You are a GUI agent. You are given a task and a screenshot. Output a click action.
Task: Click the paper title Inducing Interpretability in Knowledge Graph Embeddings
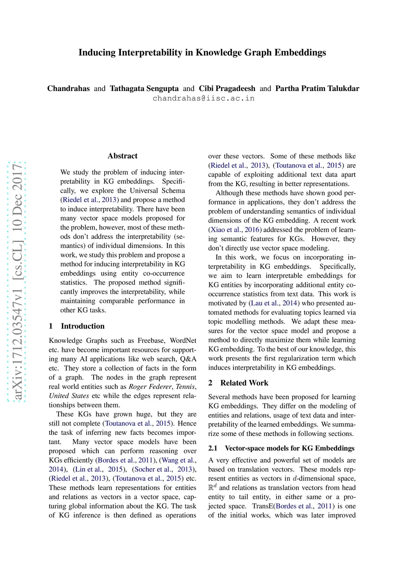(x=202, y=53)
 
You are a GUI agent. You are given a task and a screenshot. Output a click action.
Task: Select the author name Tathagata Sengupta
(x=144, y=89)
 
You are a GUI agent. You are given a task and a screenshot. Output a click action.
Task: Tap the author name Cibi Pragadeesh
(x=227, y=89)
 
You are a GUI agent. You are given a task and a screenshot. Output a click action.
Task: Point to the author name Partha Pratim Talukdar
(x=317, y=89)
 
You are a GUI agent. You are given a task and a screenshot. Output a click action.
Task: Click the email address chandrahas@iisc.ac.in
(x=203, y=99)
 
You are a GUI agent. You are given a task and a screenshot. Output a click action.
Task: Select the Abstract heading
(x=122, y=156)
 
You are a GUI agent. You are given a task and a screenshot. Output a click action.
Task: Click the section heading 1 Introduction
(x=77, y=326)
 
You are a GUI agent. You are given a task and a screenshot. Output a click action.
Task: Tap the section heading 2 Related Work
(x=238, y=383)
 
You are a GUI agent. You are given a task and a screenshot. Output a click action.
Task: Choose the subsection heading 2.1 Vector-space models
(x=281, y=448)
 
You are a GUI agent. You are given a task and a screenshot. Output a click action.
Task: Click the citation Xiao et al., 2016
(x=235, y=230)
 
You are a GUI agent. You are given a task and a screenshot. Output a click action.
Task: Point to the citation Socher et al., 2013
(x=163, y=469)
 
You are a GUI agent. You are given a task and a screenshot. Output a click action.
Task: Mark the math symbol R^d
(x=212, y=487)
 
